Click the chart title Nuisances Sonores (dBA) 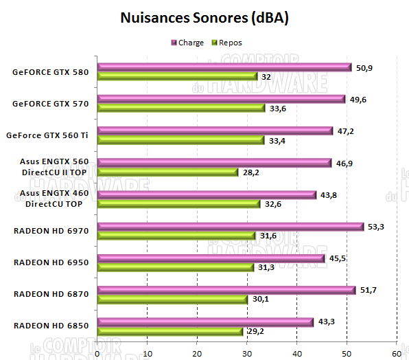(x=204, y=18)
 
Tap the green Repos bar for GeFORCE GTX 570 (x=181, y=108)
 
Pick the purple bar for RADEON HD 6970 (x=231, y=227)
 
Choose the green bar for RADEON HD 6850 (x=170, y=331)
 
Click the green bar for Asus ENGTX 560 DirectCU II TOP (x=167, y=172)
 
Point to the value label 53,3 (x=376, y=227)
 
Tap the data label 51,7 (x=368, y=291)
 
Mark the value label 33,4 (x=276, y=141)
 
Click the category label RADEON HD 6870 (x=51, y=294)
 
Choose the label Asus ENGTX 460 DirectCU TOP (x=54, y=199)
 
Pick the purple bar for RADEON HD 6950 (x=211, y=258)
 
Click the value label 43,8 (x=329, y=195)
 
